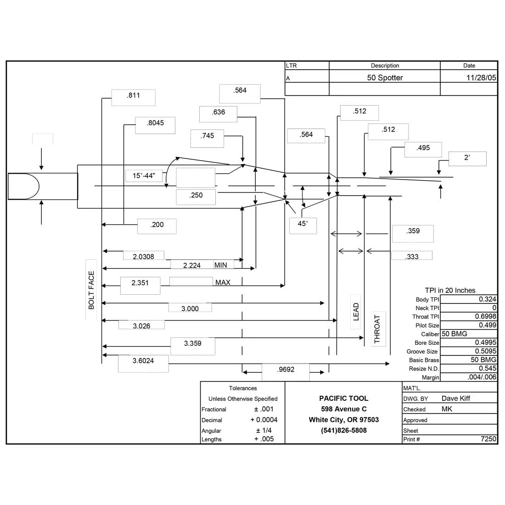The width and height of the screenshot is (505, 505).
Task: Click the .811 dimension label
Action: pyautogui.click(x=133, y=95)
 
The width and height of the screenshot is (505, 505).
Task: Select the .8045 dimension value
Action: pyautogui.click(x=155, y=123)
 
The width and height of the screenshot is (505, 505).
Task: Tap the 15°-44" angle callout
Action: pyautogui.click(x=144, y=175)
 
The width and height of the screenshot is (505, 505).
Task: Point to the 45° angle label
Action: pyautogui.click(x=303, y=224)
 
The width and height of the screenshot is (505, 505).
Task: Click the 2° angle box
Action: pyautogui.click(x=467, y=157)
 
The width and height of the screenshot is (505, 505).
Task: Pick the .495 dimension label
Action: pyautogui.click(x=423, y=148)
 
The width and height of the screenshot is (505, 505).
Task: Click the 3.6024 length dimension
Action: pyautogui.click(x=143, y=361)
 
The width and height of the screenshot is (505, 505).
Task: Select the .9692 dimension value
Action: pyautogui.click(x=286, y=370)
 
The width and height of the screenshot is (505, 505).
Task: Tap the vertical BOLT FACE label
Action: pyautogui.click(x=91, y=290)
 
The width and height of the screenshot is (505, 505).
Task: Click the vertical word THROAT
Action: pyautogui.click(x=377, y=329)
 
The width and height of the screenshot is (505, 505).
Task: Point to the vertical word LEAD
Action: pyautogui.click(x=356, y=312)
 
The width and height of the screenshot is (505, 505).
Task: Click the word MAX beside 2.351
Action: pyautogui.click(x=223, y=282)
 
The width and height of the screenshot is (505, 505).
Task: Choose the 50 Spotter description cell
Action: pyautogui.click(x=385, y=78)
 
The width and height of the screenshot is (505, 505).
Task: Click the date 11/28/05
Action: pyautogui.click(x=481, y=78)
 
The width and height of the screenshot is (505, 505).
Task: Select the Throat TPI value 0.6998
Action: pyautogui.click(x=486, y=317)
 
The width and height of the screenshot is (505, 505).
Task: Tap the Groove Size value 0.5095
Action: pyautogui.click(x=486, y=351)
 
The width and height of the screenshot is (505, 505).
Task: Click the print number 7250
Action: pyautogui.click(x=488, y=439)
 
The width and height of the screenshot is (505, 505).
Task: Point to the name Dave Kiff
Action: pyautogui.click(x=456, y=398)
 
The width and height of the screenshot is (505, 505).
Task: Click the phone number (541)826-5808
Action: pyautogui.click(x=344, y=430)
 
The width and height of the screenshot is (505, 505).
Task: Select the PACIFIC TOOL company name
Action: pyautogui.click(x=344, y=398)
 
